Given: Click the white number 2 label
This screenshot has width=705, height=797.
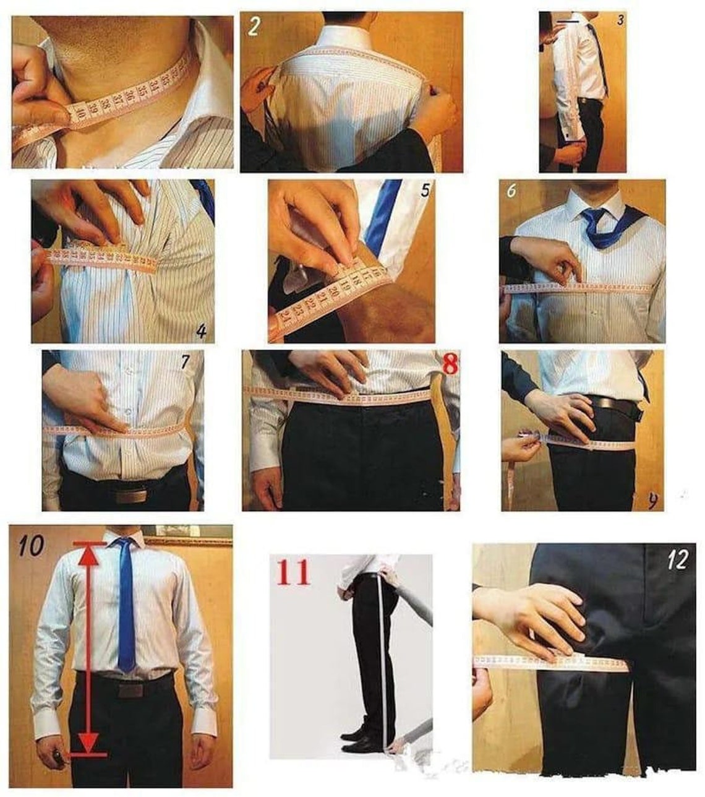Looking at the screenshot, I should point(254,27).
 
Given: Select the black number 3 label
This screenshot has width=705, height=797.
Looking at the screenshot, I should point(620,20).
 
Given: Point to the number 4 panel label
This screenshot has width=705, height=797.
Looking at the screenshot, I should point(201,332).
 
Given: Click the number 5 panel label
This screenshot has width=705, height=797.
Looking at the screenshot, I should point(424,190).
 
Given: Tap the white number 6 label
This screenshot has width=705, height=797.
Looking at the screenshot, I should point(511,191).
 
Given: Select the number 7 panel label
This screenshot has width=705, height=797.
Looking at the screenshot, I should point(185,362).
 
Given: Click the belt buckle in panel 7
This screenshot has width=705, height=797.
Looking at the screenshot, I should point(130,496).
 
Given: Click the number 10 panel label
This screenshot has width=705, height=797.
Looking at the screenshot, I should point(30,545).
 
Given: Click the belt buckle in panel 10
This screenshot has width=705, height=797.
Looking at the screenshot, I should point(130,689).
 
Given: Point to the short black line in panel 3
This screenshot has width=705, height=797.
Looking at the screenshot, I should point(567,21).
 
